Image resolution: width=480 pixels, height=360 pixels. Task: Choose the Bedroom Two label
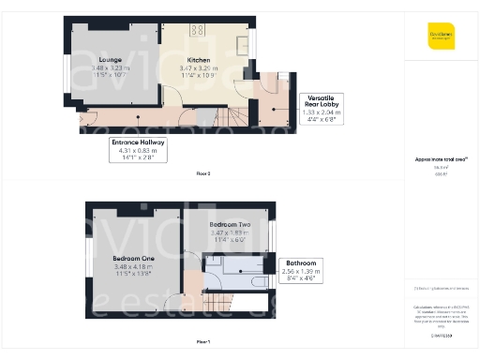coord(229,226)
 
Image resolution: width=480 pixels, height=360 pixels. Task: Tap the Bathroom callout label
coord(301,263)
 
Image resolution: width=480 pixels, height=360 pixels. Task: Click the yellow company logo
coord(441,35)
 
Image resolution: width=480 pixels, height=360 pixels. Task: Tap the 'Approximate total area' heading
coord(441,159)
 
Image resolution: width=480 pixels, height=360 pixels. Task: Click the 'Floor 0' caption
coord(203,174)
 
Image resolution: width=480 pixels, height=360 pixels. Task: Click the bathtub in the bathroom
coord(249,279)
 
